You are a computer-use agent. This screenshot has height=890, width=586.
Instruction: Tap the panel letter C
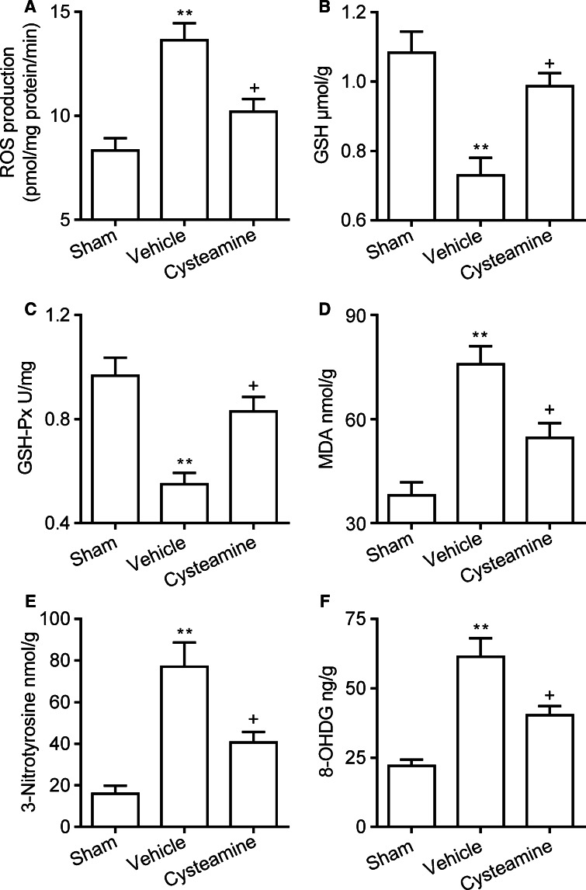[9, 317]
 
